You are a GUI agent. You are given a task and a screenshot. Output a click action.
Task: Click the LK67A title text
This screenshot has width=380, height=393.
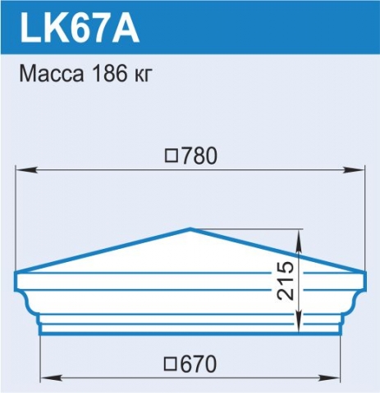80,28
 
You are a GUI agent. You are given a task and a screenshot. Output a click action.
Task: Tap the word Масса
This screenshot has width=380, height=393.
52,74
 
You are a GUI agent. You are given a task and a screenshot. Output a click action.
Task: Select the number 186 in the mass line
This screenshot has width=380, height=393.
109,74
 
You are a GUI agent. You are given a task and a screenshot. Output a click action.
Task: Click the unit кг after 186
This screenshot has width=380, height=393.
143,75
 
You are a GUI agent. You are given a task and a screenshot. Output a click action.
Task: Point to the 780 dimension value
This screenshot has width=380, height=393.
199,156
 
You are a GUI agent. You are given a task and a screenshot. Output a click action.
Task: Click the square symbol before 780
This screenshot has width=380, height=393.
172,156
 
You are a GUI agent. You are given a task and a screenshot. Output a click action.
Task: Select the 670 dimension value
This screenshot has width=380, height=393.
199,364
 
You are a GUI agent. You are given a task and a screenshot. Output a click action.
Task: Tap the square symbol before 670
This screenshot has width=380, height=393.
172,364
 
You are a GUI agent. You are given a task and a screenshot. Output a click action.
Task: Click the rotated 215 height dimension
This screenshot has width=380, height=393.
286,281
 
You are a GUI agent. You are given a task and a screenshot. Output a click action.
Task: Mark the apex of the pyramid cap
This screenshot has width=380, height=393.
190,228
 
